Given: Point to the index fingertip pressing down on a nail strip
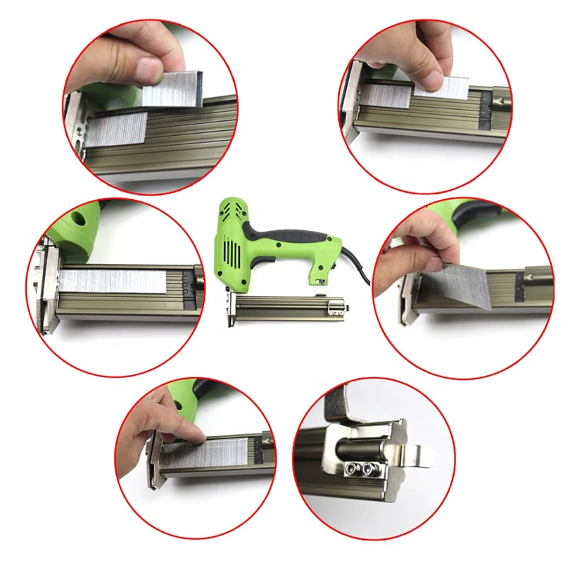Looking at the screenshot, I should (x=198, y=437).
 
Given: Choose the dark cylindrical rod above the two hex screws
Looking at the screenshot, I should (x=359, y=445).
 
